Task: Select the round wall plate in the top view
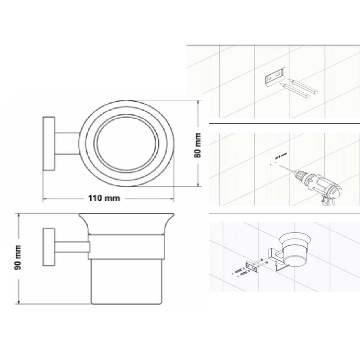[x=49, y=144]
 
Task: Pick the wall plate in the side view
[x=48, y=247]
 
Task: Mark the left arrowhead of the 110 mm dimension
[x=44, y=198]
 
